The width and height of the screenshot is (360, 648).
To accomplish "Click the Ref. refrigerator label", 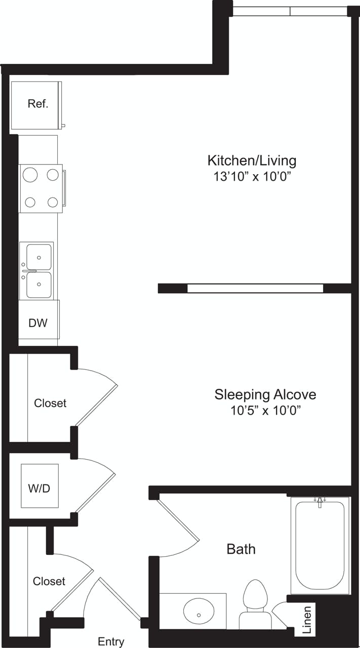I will point(38,104).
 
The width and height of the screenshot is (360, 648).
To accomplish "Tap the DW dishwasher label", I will point(38,322).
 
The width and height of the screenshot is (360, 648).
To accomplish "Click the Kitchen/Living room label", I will point(252,161).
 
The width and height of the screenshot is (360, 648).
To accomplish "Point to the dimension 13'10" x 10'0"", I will point(252,177).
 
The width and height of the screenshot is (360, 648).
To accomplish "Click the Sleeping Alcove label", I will point(265,394).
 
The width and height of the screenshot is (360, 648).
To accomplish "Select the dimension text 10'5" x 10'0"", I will point(266,411).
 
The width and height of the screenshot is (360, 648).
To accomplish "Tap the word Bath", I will point(241,549).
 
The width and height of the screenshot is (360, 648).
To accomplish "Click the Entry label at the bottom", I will point(111,642).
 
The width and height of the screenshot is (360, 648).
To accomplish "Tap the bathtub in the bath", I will point(320,544).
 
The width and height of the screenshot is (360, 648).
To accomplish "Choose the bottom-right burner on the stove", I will point(53,202).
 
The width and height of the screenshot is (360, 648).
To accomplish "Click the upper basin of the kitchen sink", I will point(38,257).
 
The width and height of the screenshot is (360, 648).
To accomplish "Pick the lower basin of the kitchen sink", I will point(38,285).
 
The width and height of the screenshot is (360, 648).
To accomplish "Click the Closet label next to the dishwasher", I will point(50,403).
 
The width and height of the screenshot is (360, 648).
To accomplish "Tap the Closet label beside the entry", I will point(49,581).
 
